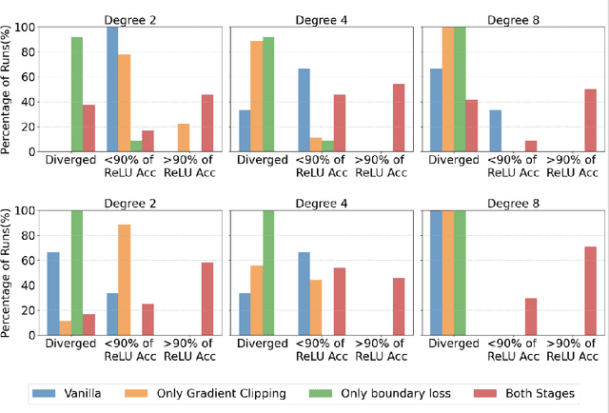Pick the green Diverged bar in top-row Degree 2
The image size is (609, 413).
click(x=76, y=94)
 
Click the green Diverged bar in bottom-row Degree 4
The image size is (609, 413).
click(x=269, y=272)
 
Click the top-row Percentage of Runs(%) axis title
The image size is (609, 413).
click(x=9, y=88)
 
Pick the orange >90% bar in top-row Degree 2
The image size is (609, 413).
click(x=183, y=137)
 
